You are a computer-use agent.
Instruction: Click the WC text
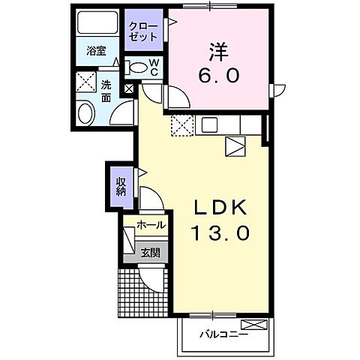pyautogui.click(x=153, y=67)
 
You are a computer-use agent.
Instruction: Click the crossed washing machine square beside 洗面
pyautogui.click(x=84, y=82)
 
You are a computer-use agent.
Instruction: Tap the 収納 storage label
pyautogui.click(x=121, y=185)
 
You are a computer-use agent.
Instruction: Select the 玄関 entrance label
pyautogui.click(x=150, y=253)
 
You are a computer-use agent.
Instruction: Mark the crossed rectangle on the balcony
pyautogui.click(x=255, y=324)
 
